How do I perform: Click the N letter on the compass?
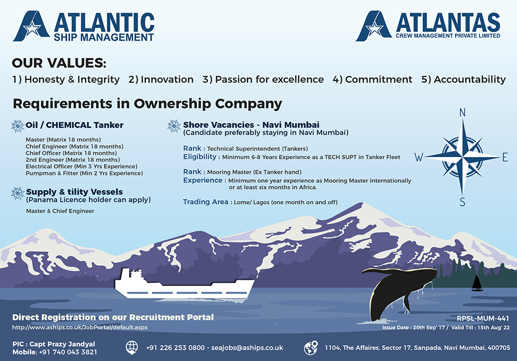tap(462, 113)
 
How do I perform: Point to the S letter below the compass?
tap(462, 202)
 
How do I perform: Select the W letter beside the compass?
tap(418, 157)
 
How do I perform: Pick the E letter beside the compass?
tap(505, 157)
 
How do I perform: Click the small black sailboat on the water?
tap(477, 283)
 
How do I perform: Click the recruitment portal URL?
tap(80, 327)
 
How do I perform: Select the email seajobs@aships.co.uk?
tap(247, 348)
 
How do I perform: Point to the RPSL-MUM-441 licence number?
tap(483, 318)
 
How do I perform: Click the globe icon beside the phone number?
tap(132, 347)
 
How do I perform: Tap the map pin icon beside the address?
tap(311, 348)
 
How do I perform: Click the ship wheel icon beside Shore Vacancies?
tap(174, 126)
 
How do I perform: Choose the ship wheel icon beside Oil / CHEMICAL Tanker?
tap(18, 126)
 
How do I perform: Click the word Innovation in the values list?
tap(167, 79)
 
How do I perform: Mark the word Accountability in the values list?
tap(470, 80)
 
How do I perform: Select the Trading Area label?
tap(205, 202)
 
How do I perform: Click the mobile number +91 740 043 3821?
tap(68, 352)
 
